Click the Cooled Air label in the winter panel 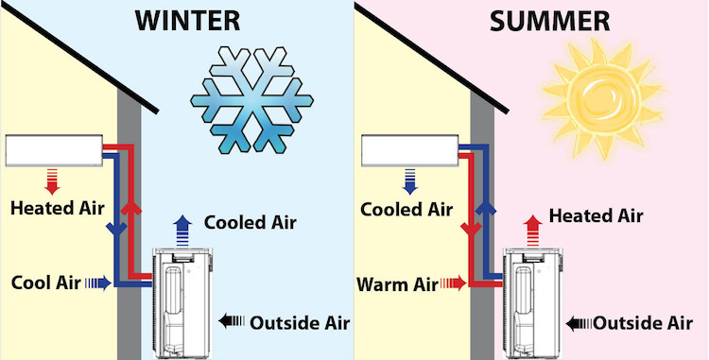(x=251, y=223)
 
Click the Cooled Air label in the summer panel (x=406, y=209)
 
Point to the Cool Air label (x=43, y=282)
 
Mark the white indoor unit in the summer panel (x=408, y=150)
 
